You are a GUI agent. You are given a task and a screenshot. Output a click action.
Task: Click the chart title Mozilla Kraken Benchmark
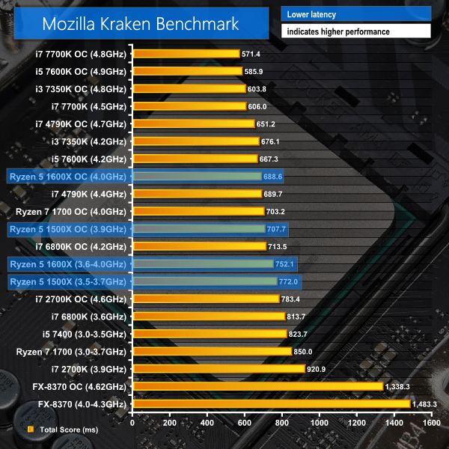click(x=140, y=23)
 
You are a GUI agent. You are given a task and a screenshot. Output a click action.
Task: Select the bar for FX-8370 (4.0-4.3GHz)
click(x=272, y=404)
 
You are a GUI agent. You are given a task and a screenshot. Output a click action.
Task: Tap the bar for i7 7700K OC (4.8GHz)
click(x=186, y=54)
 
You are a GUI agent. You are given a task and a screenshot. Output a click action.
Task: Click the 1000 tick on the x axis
click(x=319, y=421)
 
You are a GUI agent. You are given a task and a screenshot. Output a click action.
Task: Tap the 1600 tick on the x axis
click(x=430, y=421)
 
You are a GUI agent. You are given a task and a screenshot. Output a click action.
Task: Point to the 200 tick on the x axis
click(x=170, y=421)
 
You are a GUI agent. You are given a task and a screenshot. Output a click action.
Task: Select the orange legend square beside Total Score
click(x=31, y=430)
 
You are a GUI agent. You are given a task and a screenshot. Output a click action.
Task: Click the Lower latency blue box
click(x=355, y=14)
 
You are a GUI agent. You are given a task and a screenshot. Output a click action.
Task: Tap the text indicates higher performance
click(x=355, y=31)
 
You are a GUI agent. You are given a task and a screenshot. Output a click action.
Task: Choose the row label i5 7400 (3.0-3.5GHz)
click(x=81, y=334)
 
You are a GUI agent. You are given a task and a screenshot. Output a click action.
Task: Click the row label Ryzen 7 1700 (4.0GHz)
click(x=72, y=211)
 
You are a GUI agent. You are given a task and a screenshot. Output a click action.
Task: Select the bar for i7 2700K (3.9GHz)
click(x=219, y=369)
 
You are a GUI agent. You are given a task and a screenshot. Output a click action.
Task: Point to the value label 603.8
click(x=259, y=89)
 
